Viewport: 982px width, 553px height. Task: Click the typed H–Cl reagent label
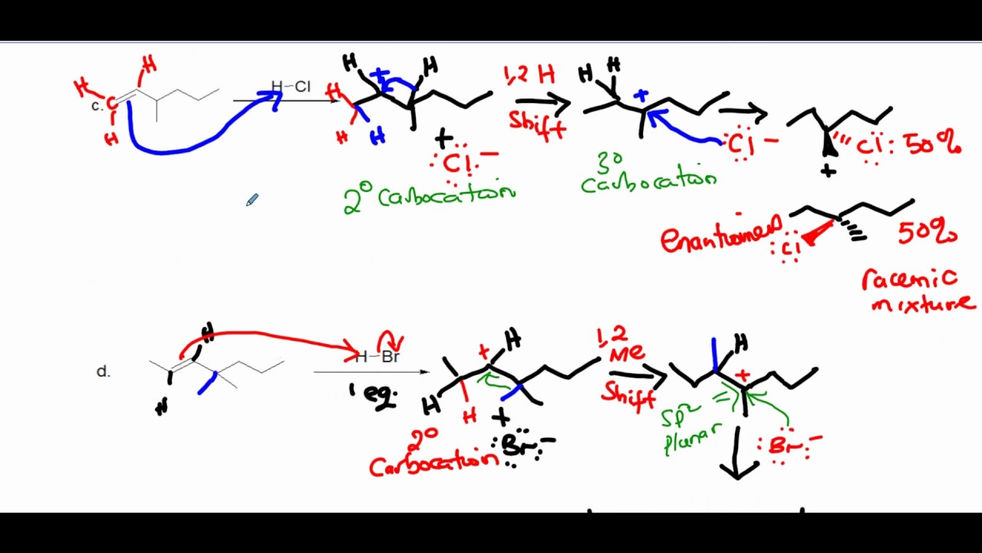(291, 87)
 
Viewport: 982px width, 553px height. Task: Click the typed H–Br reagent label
(377, 356)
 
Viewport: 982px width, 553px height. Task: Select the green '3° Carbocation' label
(648, 174)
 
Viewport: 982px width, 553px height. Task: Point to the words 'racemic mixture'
(918, 291)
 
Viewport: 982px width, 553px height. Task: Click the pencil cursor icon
(252, 200)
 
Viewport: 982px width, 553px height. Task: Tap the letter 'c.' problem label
(97, 107)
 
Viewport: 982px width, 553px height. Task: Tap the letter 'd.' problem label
(104, 372)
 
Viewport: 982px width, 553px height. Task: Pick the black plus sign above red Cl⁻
(443, 139)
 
